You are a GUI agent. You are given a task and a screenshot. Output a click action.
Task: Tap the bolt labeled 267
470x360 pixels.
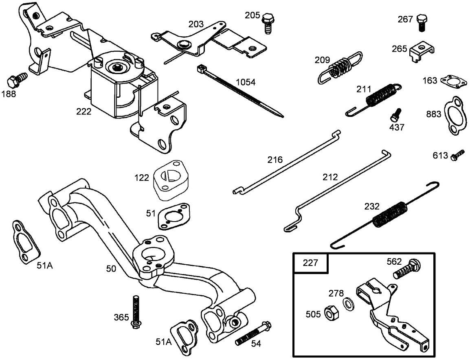422,22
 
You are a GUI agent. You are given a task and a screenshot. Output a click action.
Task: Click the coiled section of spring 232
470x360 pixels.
390,214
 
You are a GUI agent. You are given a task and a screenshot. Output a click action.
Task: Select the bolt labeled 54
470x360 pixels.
253,334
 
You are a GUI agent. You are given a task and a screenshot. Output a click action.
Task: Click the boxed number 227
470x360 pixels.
310,263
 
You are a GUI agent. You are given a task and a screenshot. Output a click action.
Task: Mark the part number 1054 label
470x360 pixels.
246,82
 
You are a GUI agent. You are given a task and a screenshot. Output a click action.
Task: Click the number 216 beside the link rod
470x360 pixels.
275,160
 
